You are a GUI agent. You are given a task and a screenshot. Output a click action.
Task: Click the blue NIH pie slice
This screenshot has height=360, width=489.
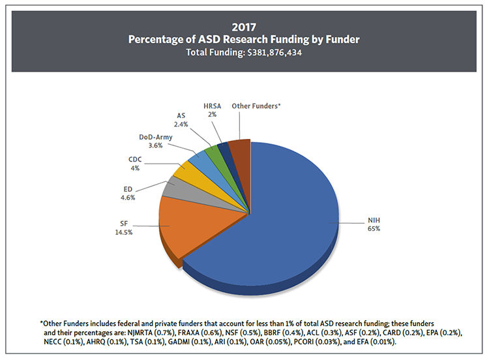(x=293, y=209)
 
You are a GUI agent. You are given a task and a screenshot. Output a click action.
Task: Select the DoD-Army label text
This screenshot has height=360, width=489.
(x=155, y=137)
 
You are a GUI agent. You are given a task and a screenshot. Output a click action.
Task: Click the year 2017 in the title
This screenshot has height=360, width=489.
(x=244, y=27)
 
